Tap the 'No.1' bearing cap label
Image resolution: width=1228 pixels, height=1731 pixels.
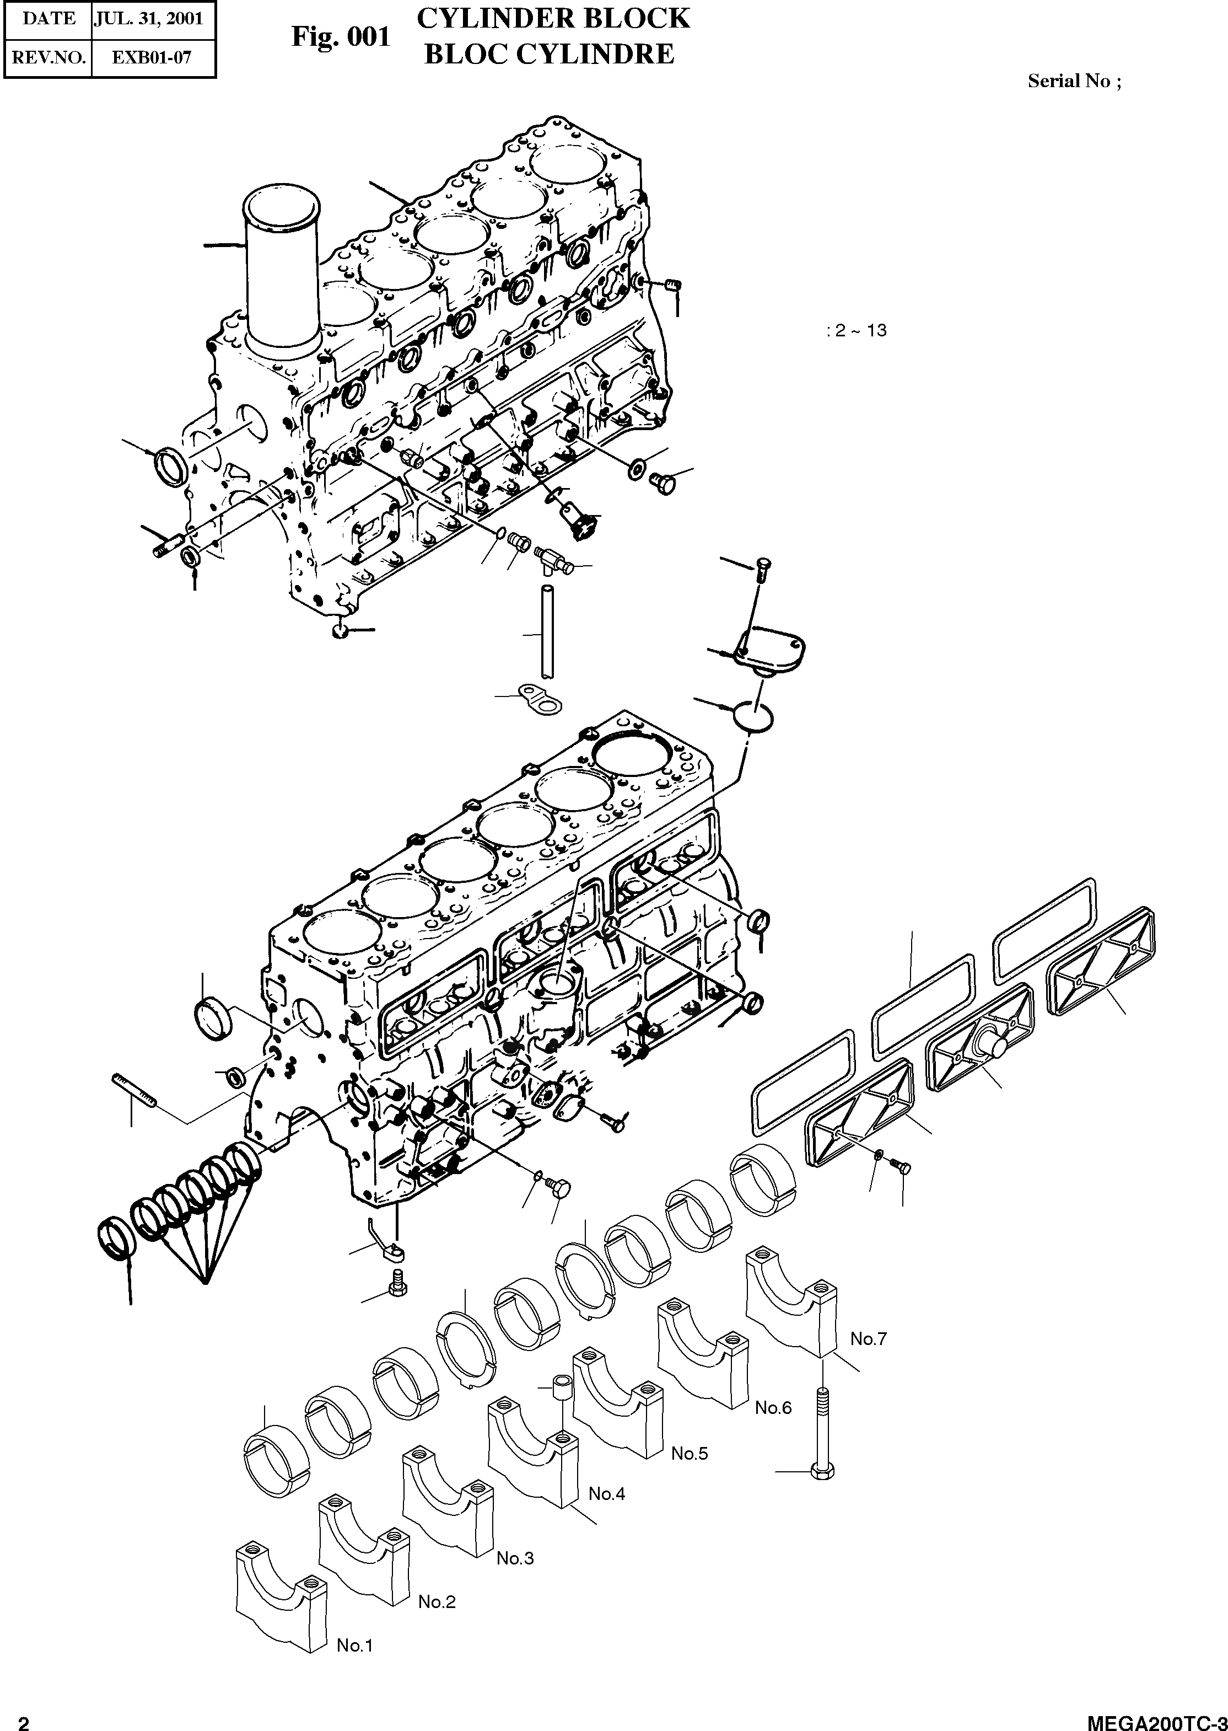354,1645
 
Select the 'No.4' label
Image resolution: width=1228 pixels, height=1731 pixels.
606,1493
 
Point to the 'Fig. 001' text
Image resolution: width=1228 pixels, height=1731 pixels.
341,37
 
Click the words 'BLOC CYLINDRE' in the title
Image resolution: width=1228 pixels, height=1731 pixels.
549,55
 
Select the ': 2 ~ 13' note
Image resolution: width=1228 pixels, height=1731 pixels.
856,331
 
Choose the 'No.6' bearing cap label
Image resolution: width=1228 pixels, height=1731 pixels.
773,1407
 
